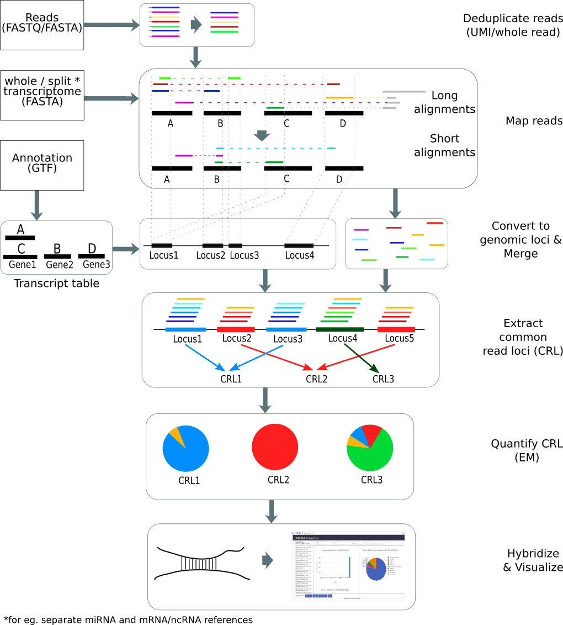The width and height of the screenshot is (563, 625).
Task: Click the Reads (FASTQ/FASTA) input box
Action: click(42, 25)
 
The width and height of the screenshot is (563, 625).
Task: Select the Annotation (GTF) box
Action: click(42, 163)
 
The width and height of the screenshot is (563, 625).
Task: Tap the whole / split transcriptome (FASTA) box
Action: click(42, 94)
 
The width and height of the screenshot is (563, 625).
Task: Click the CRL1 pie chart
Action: click(186, 448)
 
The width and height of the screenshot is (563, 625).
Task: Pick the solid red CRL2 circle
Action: click(275, 448)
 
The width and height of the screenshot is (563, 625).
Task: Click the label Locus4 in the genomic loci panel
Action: click(299, 255)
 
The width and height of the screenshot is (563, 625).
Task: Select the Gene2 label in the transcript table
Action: click(60, 265)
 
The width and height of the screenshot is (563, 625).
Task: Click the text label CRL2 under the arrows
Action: click(317, 379)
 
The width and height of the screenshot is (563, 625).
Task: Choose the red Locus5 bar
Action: click(396, 329)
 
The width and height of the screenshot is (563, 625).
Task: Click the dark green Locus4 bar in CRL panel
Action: click(336, 329)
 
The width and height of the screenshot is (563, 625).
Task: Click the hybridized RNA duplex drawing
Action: click(201, 563)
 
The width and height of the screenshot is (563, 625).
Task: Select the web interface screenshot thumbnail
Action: click(348, 567)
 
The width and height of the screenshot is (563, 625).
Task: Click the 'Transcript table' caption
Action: click(57, 284)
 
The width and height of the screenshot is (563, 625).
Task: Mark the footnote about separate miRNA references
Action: click(128, 619)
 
